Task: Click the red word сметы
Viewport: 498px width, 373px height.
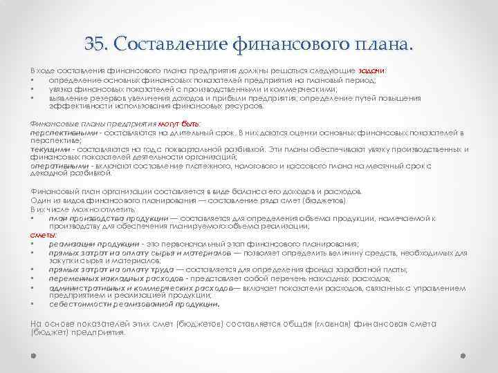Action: [38, 235]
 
